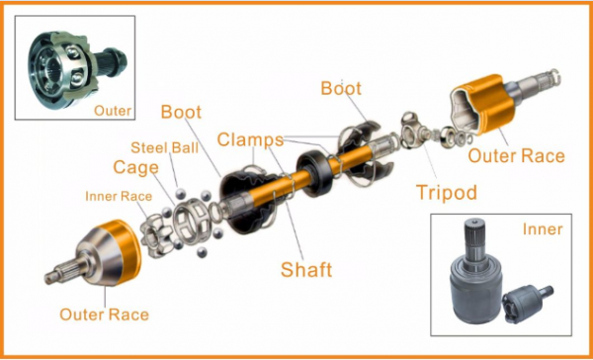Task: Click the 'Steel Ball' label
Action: [x=164, y=147]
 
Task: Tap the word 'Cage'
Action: [x=135, y=168]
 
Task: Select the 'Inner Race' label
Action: [x=119, y=196]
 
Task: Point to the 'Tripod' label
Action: [x=447, y=193]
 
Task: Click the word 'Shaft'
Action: [x=306, y=269]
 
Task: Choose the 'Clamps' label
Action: [x=250, y=139]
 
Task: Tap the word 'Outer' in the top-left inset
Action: [x=113, y=111]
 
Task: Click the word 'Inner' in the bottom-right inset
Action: [x=543, y=229]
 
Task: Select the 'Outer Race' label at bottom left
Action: [x=105, y=315]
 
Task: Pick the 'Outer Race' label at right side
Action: [x=516, y=156]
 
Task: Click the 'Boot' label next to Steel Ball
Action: [x=181, y=112]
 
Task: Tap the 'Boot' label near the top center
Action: [x=341, y=88]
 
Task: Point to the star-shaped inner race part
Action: [x=156, y=235]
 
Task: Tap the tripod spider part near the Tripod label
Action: [x=414, y=131]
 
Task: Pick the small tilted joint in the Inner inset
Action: [x=526, y=303]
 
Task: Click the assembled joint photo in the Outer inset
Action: [x=76, y=70]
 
